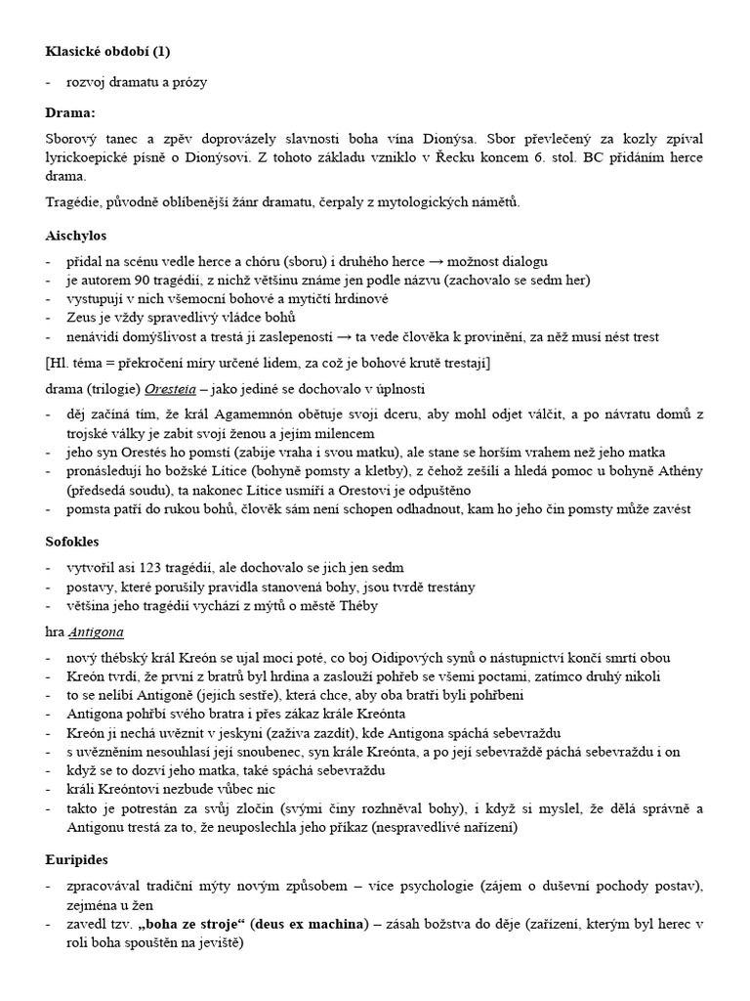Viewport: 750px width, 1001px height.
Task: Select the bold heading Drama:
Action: (71, 112)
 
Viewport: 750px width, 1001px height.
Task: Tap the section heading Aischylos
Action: (76, 236)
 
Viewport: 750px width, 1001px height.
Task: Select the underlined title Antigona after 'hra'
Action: (96, 631)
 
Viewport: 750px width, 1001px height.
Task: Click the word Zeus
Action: (83, 318)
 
